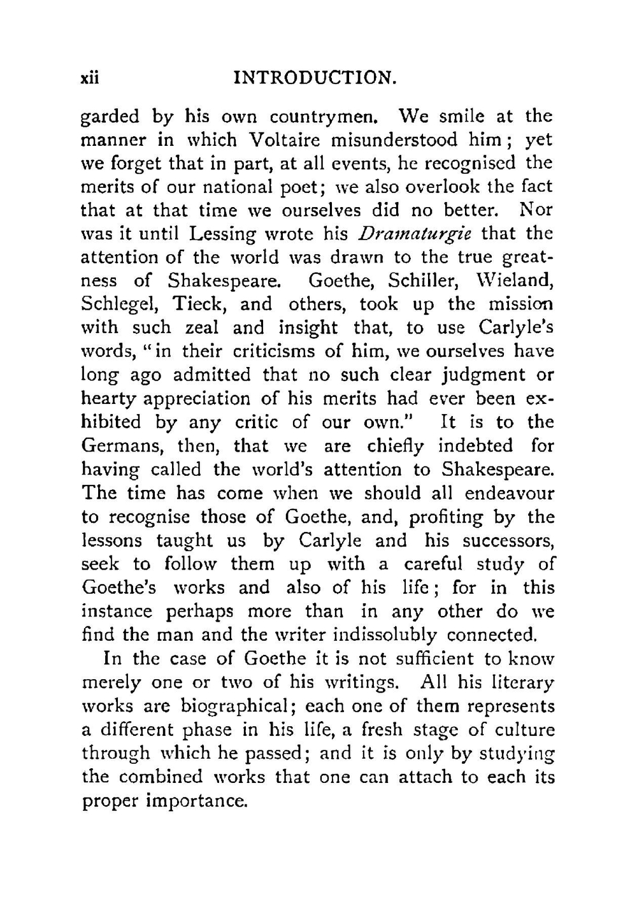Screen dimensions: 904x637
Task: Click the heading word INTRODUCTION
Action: click(316, 78)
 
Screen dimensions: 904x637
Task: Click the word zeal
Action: click(201, 328)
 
